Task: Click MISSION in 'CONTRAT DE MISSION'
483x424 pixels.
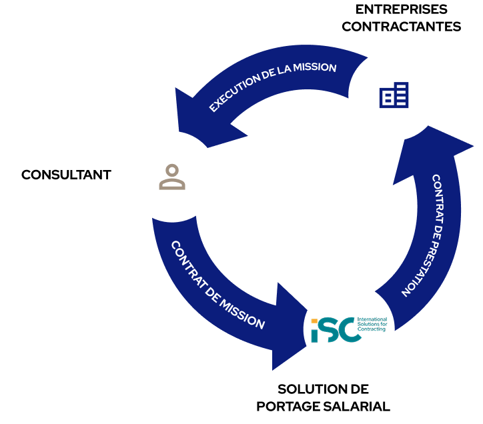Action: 245,315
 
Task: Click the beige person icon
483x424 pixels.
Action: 172,177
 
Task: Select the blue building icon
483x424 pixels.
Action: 394,95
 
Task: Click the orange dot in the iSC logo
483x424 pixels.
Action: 314,321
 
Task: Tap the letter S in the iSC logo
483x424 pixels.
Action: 331,330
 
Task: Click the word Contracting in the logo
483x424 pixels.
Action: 372,329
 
